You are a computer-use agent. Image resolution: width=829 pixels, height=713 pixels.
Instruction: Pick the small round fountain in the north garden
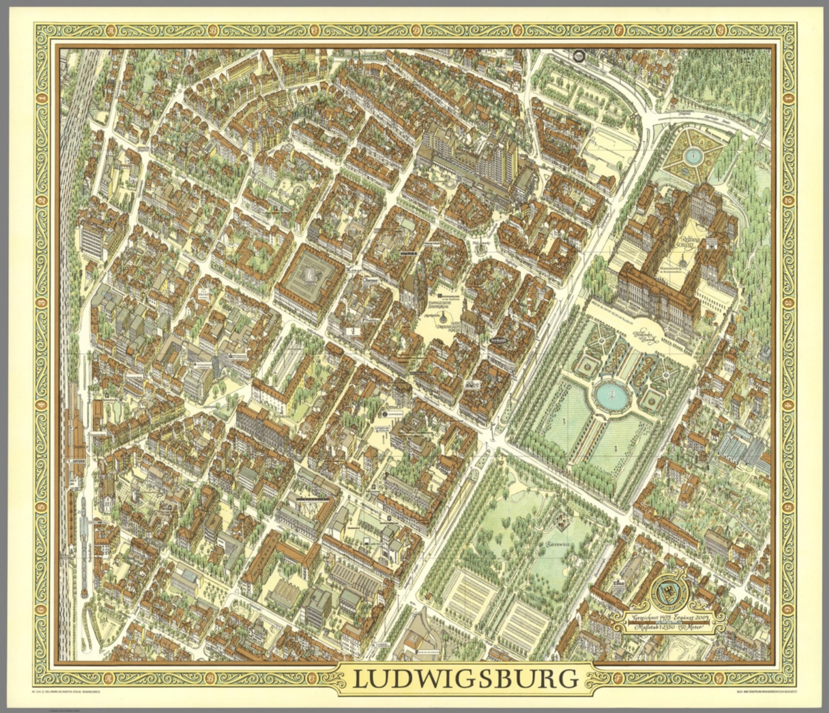tap(692, 156)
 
